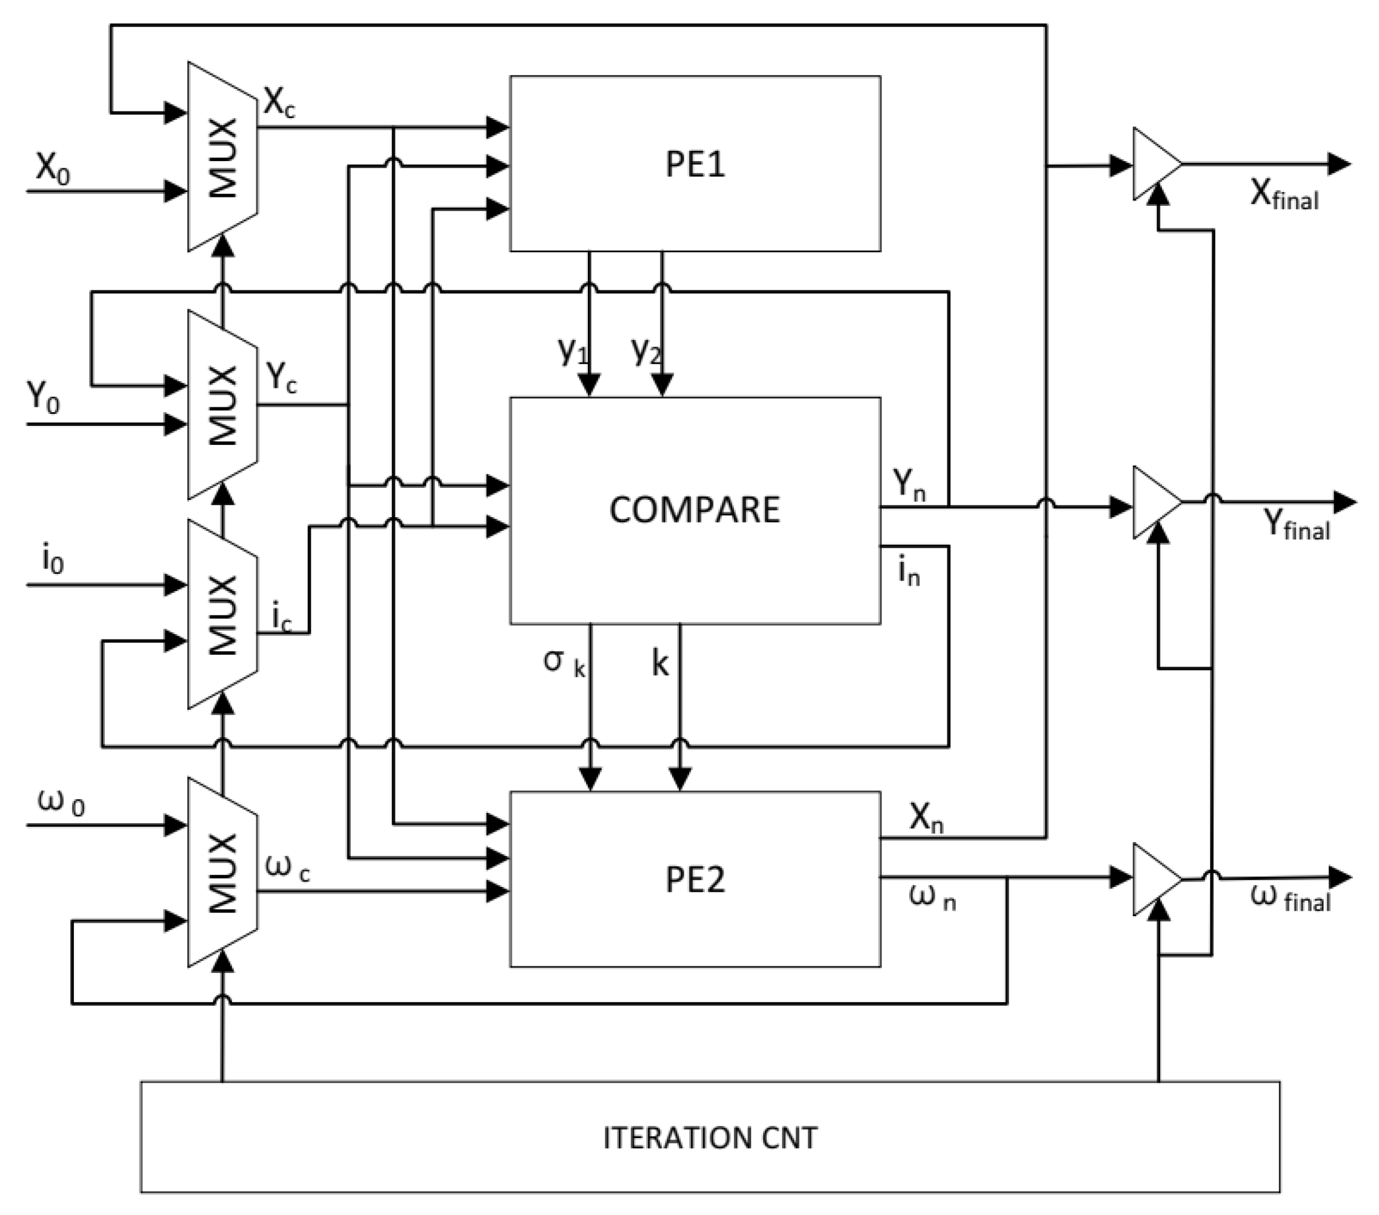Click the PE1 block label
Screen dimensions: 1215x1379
[x=695, y=164]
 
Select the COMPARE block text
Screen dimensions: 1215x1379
[x=695, y=509]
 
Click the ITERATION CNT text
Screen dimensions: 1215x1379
[x=709, y=1137]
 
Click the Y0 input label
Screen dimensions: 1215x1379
[x=43, y=398]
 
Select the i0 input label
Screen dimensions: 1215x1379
[x=52, y=559]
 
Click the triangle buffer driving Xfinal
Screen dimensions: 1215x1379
[x=1155, y=164]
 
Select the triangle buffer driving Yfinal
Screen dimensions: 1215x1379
[x=1155, y=502]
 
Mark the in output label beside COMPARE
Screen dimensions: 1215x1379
[x=909, y=573]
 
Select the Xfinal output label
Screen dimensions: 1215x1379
[x=1284, y=196]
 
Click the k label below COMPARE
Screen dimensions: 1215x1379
[x=660, y=663]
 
